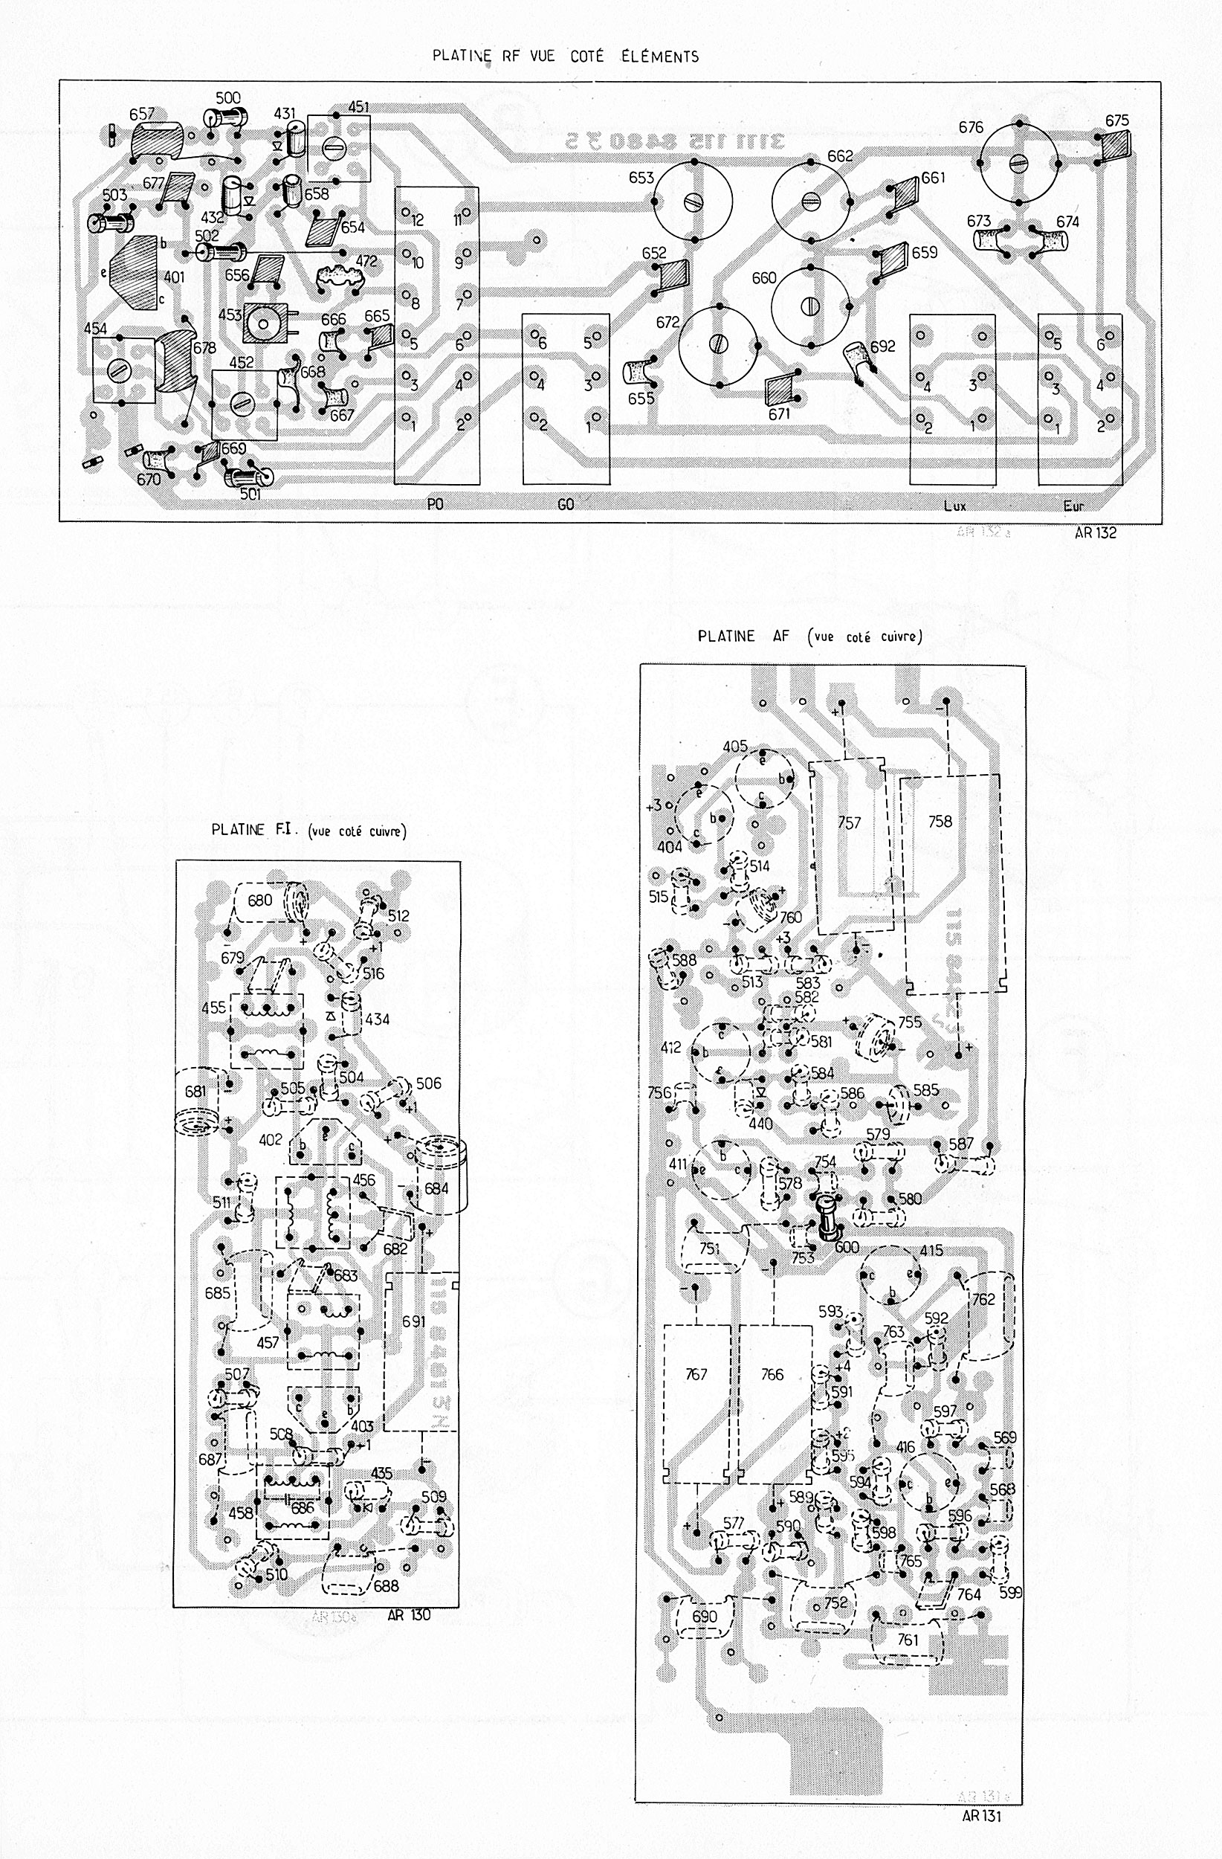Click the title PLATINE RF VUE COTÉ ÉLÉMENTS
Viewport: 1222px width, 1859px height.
566,57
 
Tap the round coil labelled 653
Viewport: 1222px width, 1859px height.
693,202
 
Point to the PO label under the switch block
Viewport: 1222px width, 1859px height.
436,505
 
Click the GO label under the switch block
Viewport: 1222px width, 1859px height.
566,505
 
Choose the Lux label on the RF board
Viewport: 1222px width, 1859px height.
954,506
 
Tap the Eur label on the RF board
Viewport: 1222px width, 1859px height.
1073,506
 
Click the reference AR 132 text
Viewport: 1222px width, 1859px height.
1096,532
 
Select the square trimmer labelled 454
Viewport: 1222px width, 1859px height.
122,370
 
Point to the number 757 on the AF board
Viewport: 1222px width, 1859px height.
849,822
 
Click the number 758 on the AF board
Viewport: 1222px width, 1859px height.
940,821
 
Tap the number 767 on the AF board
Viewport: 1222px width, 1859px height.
696,1375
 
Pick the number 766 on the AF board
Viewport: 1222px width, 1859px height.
772,1375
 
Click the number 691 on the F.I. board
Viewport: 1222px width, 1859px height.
414,1321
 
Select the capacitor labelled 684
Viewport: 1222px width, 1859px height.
436,1188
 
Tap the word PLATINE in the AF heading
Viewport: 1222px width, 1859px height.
726,637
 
